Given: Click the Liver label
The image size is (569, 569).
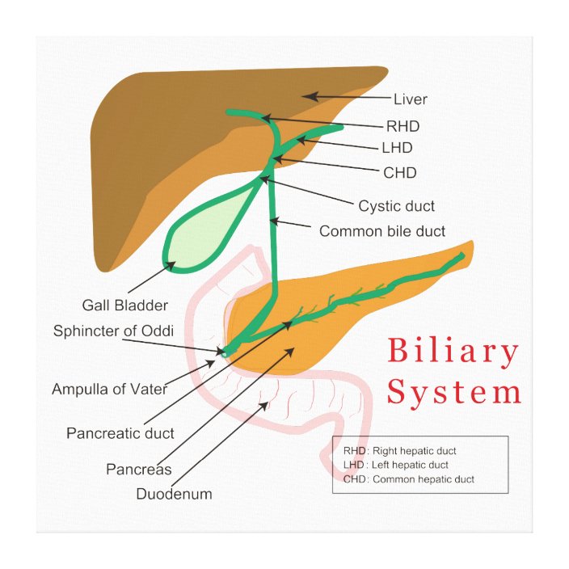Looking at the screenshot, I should pyautogui.click(x=410, y=100).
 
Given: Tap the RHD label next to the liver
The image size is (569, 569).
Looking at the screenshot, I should pyautogui.click(x=403, y=126).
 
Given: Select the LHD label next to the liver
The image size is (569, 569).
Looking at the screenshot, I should pyautogui.click(x=397, y=148).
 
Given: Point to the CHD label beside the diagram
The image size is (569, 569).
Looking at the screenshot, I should pyautogui.click(x=400, y=172).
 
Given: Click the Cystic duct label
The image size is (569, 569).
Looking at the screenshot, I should pyautogui.click(x=397, y=206).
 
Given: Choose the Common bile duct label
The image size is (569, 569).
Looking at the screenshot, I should pyautogui.click(x=382, y=231).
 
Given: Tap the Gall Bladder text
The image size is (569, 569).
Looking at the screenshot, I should pyautogui.click(x=125, y=306).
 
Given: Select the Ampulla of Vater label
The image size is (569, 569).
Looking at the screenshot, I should pyautogui.click(x=110, y=389).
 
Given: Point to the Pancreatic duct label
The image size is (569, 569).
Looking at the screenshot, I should pyautogui.click(x=120, y=433).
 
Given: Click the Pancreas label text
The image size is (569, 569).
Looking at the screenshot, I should pyautogui.click(x=138, y=470).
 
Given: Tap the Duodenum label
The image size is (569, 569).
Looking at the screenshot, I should pyautogui.click(x=174, y=494).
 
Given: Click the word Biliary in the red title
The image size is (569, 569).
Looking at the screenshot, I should pyautogui.click(x=453, y=352).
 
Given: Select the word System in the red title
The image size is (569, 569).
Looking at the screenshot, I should pyautogui.click(x=453, y=393).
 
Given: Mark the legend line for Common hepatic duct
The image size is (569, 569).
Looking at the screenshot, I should pyautogui.click(x=408, y=479).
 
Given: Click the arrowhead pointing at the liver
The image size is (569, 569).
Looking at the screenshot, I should pyautogui.click(x=308, y=96).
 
